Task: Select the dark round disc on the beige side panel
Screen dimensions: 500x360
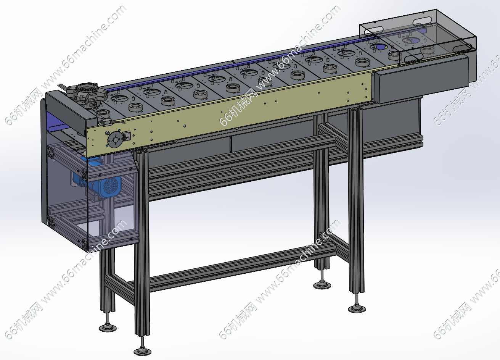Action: point(116,140)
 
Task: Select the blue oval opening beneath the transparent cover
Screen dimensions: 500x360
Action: point(413,40)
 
